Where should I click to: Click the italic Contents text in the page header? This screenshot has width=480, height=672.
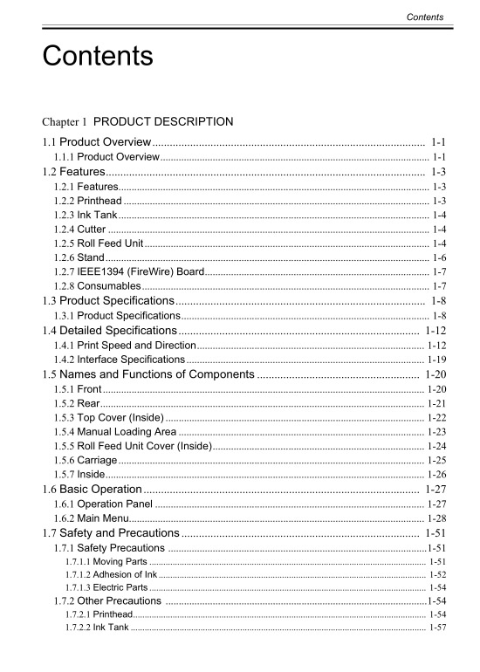point(425,17)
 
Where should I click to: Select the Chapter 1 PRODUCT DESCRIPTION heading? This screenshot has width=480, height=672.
point(137,121)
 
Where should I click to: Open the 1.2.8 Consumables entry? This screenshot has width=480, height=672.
point(97,285)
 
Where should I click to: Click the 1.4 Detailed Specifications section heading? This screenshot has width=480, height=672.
point(109,331)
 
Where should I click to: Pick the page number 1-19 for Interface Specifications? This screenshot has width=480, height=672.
point(437,360)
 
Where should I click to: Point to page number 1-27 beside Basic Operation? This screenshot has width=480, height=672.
point(435,490)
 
